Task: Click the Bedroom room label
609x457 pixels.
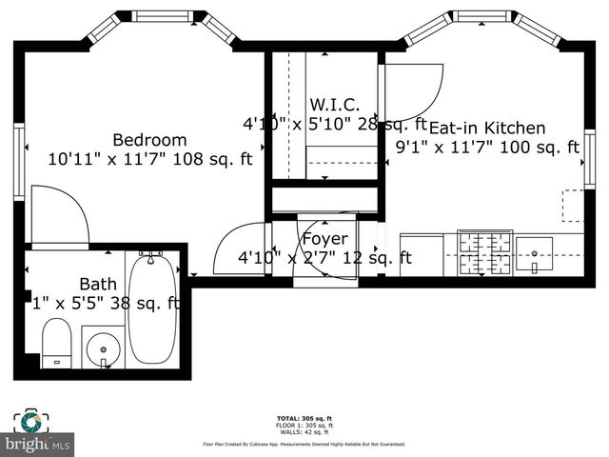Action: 149,138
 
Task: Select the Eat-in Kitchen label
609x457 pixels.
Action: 487,128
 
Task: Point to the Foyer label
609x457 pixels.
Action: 324,239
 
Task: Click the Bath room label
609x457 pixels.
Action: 97,283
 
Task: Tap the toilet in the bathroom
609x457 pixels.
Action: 57,343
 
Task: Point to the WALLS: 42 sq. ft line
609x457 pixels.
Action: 304,432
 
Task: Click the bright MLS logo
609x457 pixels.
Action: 38,444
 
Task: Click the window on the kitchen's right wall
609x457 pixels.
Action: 589,158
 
